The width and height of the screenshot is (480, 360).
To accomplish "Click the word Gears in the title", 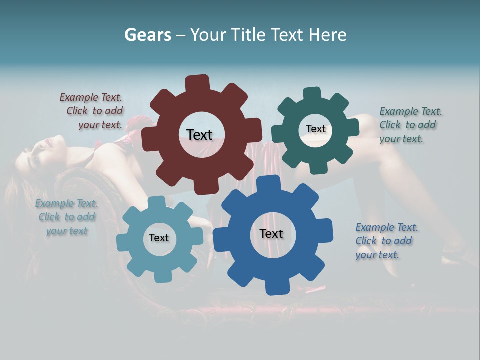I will pyautogui.click(x=147, y=35).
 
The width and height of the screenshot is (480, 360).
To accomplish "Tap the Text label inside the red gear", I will pyautogui.click(x=199, y=135).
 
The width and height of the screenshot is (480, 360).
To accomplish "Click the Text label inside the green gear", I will pyautogui.click(x=315, y=129).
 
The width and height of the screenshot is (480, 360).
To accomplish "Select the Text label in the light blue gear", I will pyautogui.click(x=159, y=238).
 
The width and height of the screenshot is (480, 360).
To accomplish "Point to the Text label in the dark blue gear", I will pyautogui.click(x=271, y=234).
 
